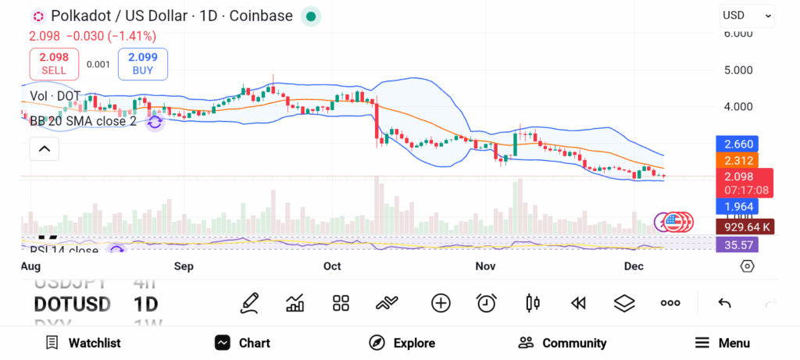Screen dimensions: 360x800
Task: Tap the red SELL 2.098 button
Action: click(x=54, y=63)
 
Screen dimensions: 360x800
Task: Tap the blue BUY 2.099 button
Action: click(x=142, y=63)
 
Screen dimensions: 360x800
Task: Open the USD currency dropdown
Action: click(x=747, y=15)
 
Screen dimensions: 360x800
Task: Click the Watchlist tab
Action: click(x=83, y=343)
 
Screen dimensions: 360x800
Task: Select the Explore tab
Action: click(x=402, y=343)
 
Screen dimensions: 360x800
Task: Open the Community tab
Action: click(x=562, y=343)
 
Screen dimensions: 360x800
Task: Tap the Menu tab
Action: click(x=722, y=343)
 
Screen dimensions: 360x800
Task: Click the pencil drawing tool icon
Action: click(x=250, y=303)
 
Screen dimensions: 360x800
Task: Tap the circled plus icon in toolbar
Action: click(x=441, y=303)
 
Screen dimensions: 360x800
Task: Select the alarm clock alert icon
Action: click(x=487, y=303)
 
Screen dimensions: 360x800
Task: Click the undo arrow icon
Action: click(x=724, y=303)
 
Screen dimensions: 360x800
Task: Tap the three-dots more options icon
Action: click(x=670, y=303)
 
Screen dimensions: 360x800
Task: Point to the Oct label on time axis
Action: click(x=332, y=266)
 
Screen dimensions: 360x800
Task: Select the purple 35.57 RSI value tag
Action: click(x=736, y=244)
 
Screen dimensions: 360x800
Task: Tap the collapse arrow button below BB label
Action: click(x=44, y=148)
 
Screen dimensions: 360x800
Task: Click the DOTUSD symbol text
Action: click(x=72, y=304)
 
